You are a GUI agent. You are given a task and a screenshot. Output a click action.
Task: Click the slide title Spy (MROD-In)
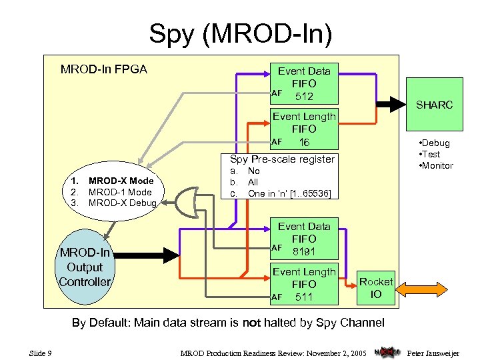pos(240,33)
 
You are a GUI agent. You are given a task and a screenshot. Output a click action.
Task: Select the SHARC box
pos(434,105)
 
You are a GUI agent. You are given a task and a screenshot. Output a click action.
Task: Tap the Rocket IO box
pos(376,287)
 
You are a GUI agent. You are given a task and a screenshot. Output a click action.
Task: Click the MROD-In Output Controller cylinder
pos(84,267)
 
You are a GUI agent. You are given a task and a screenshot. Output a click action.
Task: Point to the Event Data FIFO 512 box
pos(304,83)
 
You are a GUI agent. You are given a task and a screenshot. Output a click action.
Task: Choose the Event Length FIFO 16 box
pos(304,129)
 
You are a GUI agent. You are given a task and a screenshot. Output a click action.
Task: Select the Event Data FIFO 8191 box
pos(304,239)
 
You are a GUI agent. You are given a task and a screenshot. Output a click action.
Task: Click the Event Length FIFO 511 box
pos(304,284)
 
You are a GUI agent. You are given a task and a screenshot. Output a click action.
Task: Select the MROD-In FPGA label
pos(104,69)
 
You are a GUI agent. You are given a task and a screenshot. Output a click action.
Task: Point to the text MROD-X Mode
pos(121,181)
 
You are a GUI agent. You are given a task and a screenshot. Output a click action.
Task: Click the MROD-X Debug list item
pos(122,203)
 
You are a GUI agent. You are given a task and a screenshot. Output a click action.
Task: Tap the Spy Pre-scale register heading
pos(282,159)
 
